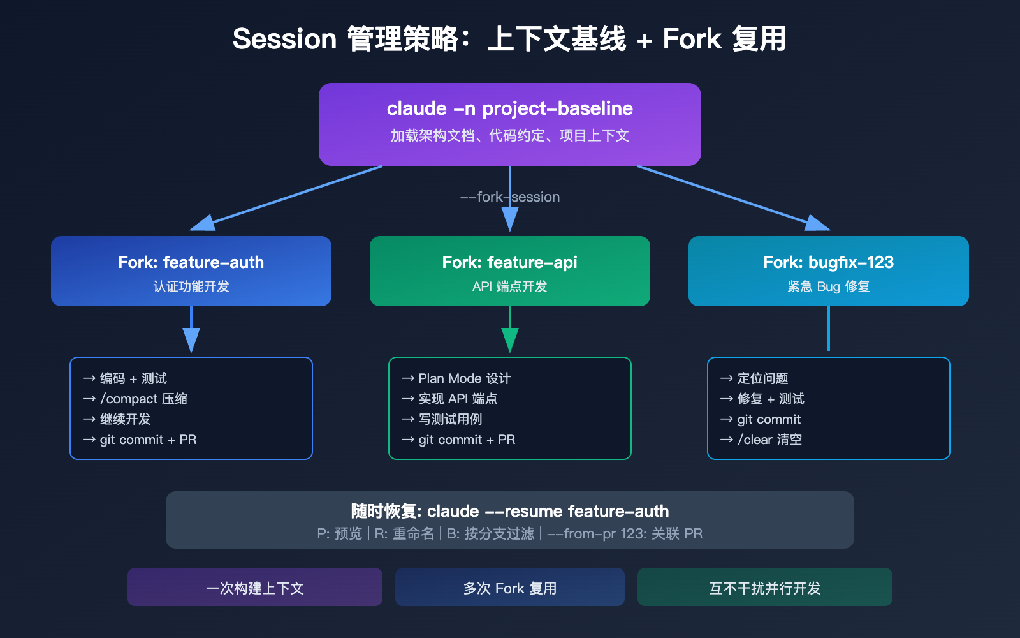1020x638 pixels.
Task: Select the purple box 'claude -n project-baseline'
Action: [509, 124]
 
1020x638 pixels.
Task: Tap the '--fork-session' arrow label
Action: [509, 197]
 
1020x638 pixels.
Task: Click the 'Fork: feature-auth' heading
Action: [191, 262]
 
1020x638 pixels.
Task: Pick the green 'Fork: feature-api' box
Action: [509, 271]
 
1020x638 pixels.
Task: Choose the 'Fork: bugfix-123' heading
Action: [828, 262]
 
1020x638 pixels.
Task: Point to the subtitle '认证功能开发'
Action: [191, 286]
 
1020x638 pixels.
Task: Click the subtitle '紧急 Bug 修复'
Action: [828, 286]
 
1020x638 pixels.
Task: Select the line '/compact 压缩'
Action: [143, 399]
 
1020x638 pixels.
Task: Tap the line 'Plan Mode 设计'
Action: [464, 378]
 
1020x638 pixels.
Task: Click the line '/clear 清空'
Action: [769, 440]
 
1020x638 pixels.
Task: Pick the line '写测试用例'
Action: [450, 419]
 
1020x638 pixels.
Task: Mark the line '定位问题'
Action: [762, 378]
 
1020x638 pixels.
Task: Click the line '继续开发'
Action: [125, 419]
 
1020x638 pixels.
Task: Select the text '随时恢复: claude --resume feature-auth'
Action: [509, 511]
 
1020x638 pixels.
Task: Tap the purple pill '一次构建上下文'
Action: [254, 588]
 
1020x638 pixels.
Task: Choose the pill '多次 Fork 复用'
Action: [509, 588]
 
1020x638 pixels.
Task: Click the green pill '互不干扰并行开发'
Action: [764, 588]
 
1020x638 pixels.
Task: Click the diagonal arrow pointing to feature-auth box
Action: [287, 198]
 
